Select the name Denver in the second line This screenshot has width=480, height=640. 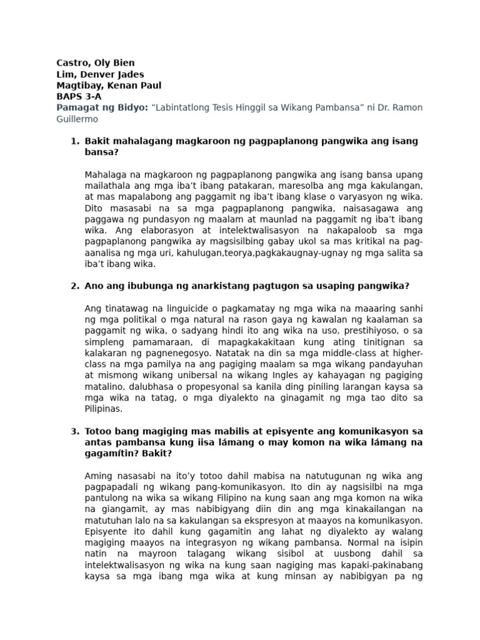(97, 74)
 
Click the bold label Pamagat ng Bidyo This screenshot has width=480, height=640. (101, 107)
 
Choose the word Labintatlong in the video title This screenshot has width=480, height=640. (187, 107)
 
